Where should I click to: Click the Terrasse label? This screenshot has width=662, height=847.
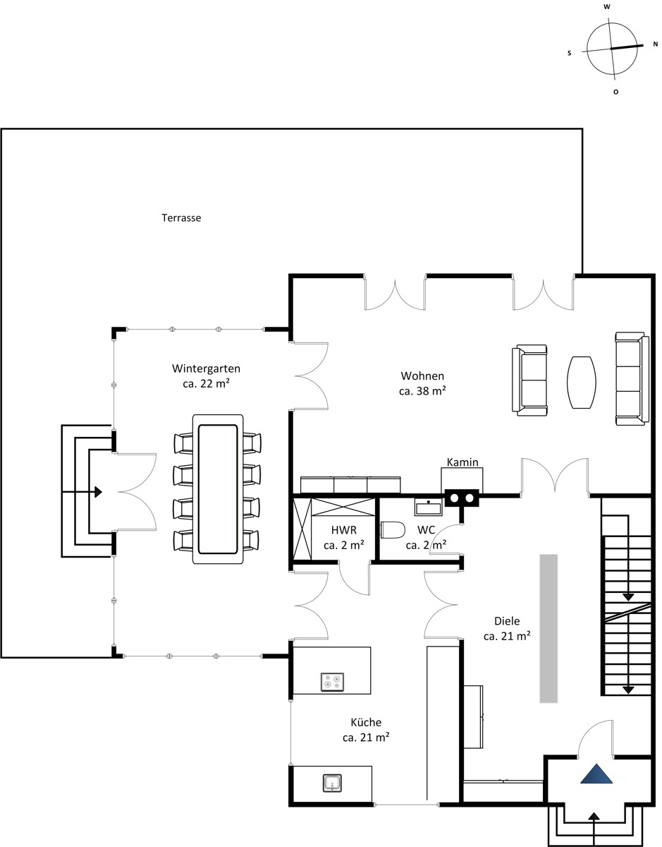[181, 218]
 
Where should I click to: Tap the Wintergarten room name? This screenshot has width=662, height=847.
[206, 368]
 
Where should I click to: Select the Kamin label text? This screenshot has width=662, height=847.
[462, 462]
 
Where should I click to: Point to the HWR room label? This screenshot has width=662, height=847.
[344, 529]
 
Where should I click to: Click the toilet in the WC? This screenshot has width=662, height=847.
[393, 530]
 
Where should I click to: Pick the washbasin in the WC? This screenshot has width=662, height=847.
[429, 507]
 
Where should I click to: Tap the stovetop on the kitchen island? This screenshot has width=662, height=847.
[332, 682]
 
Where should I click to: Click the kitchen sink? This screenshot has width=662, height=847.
[332, 783]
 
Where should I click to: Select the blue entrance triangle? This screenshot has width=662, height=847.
[596, 774]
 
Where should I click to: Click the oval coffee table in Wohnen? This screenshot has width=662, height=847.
[582, 382]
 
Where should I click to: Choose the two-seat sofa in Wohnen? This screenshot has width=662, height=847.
[529, 380]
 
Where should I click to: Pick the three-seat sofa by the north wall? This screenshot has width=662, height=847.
[632, 378]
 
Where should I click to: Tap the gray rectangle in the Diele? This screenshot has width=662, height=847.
[548, 628]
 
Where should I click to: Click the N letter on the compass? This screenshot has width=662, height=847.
[656, 44]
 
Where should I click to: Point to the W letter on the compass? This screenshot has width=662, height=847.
[607, 7]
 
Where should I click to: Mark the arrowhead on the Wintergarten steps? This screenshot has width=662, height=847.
[99, 492]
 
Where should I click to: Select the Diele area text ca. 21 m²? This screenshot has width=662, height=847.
[507, 636]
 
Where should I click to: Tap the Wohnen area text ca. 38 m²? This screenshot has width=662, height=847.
[422, 391]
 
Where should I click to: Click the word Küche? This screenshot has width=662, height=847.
[366, 722]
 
